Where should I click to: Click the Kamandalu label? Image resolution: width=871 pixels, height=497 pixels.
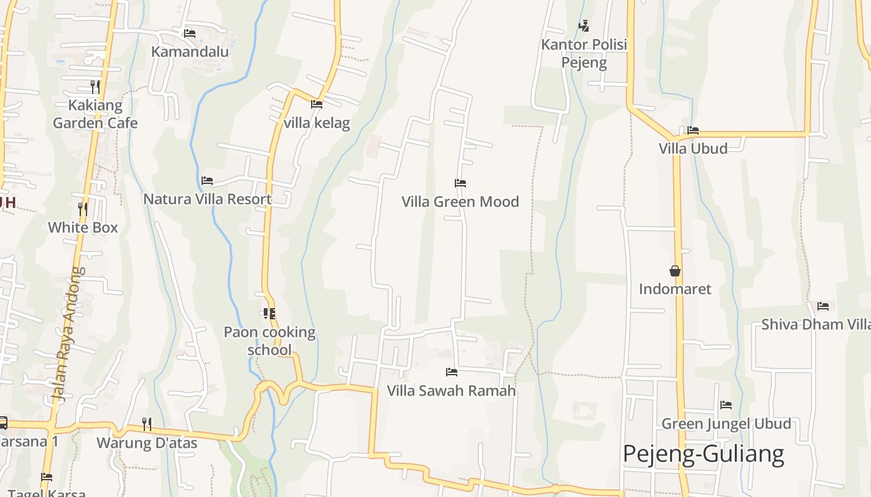tap(190, 52)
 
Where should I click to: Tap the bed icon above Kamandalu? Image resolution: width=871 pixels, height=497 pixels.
tap(190, 33)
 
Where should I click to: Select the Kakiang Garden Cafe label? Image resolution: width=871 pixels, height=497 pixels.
tap(95, 114)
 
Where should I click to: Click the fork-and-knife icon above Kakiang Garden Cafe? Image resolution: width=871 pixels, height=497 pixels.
tap(95, 86)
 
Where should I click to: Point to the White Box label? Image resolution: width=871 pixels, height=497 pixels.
tap(83, 227)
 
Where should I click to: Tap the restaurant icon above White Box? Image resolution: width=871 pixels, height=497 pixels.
tap(83, 209)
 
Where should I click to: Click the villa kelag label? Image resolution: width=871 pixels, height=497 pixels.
tap(317, 123)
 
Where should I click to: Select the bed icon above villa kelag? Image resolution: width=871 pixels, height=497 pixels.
tap(317, 104)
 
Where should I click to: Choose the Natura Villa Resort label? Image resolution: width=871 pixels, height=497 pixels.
tap(207, 199)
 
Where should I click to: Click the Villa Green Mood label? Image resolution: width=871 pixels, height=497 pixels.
tap(460, 202)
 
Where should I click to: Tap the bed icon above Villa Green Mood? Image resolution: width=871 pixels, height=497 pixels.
tap(460, 183)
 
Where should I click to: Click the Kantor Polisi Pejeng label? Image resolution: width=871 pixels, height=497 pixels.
tap(584, 53)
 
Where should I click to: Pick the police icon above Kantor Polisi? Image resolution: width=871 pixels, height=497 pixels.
tap(584, 26)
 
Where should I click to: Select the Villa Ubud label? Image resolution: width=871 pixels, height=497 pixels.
tap(693, 149)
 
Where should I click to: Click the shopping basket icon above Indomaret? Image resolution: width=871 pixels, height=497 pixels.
tap(675, 271)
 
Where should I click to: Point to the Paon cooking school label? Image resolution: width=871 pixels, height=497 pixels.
tap(269, 341)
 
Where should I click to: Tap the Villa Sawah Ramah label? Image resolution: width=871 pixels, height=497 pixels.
tap(452, 391)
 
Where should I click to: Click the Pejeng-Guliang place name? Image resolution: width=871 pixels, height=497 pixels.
tap(703, 454)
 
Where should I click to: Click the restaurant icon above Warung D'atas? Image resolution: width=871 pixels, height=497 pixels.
tap(147, 424)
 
